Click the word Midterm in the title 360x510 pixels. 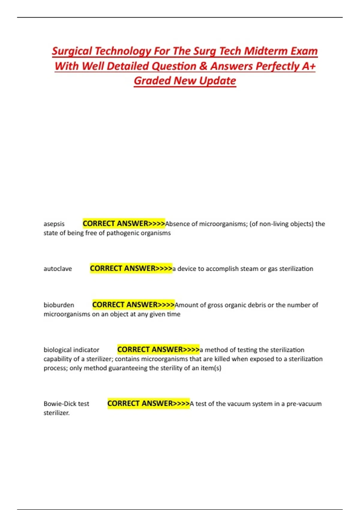coord(262,51)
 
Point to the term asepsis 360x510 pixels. coord(54,224)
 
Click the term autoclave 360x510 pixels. coord(58,269)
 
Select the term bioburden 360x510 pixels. coord(59,305)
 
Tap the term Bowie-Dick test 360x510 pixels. coord(66,404)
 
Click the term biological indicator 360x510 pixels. coord(71,350)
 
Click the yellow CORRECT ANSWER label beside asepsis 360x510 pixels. coord(124,223)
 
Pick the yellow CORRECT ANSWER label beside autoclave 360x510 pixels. coord(131,268)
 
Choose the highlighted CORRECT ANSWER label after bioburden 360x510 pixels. coord(133,305)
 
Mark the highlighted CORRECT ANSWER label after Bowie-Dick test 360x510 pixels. coord(148,403)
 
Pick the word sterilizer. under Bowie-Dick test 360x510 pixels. coord(56,413)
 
